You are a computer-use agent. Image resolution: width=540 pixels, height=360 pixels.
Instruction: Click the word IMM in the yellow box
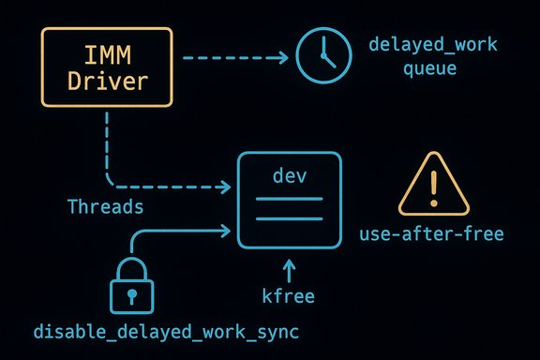pyautogui.click(x=108, y=54)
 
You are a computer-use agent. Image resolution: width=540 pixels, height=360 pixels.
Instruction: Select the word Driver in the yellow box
pyautogui.click(x=108, y=82)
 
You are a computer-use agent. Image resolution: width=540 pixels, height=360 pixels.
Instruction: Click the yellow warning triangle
pyautogui.click(x=432, y=186)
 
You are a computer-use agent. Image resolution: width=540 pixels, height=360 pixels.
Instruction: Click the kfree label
pyautogui.click(x=290, y=297)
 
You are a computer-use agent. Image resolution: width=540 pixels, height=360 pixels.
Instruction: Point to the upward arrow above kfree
pyautogui.click(x=290, y=271)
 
